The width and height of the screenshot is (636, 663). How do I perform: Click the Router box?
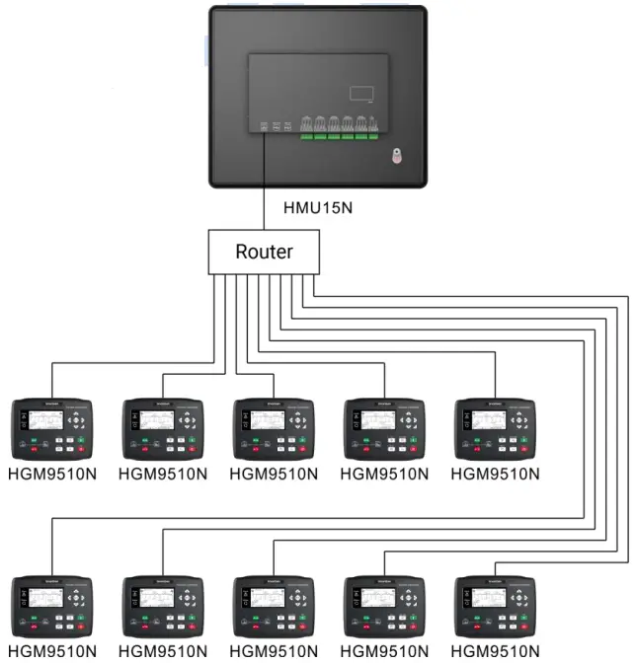[265, 252]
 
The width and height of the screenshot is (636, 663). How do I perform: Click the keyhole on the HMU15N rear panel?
[395, 156]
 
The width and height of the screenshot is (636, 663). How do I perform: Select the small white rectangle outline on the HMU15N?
[361, 93]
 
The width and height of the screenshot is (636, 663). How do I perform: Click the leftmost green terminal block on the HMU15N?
[307, 134]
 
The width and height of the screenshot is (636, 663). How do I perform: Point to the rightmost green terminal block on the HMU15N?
[373, 134]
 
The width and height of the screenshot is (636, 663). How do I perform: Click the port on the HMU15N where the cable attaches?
[265, 126]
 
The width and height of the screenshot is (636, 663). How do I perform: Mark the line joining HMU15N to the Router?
[265, 187]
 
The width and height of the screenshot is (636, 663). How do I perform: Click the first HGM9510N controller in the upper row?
[51, 429]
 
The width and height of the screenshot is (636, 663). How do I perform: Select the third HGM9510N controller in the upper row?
[273, 429]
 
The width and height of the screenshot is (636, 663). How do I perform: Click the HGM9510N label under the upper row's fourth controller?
[384, 474]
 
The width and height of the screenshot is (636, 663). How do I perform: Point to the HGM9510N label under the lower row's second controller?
[162, 652]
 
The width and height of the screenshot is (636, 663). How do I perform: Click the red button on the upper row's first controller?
[33, 449]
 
